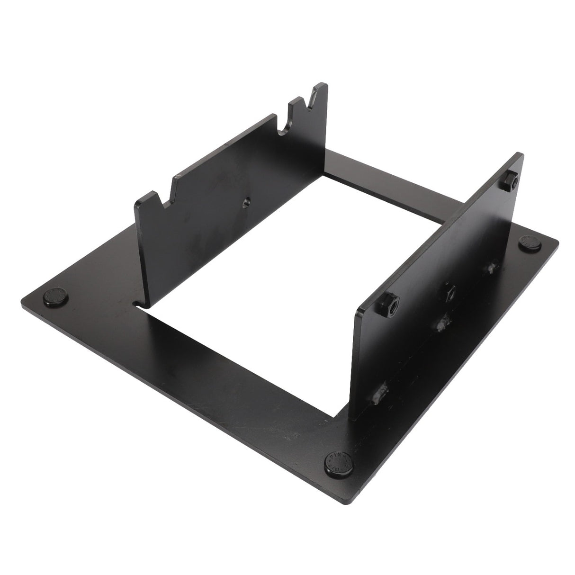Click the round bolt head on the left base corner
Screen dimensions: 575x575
55,297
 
